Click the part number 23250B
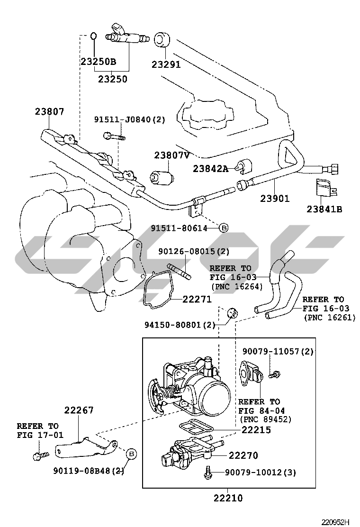(98, 62)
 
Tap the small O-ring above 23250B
(94, 36)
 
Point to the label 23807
(49, 112)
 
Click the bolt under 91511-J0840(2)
(114, 136)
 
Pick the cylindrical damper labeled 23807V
(162, 177)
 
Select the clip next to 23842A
(246, 166)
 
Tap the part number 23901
(275, 199)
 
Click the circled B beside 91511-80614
(224, 228)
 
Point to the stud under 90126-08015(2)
(180, 271)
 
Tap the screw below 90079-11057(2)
(273, 374)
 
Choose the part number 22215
(256, 430)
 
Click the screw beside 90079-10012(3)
(208, 472)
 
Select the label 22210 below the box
(228, 498)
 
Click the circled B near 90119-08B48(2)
(132, 454)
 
